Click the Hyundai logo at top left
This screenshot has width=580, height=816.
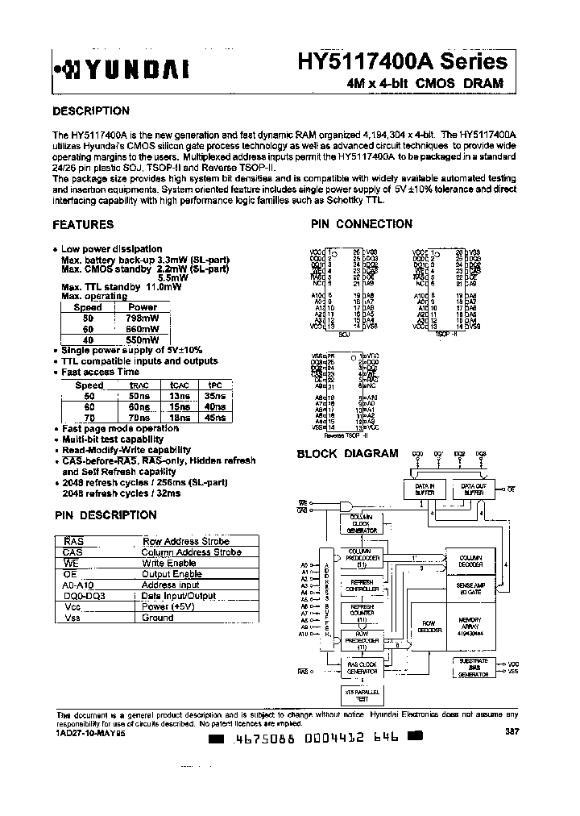point(121,71)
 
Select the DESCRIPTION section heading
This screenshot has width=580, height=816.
point(90,111)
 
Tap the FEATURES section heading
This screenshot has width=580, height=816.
point(83,225)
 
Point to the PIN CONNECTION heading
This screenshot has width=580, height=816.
point(362,225)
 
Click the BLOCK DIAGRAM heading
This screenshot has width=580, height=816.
point(347,454)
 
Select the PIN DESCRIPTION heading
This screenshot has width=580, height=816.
point(105,515)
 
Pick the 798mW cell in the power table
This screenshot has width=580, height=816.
point(143,318)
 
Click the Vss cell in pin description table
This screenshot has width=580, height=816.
point(72,618)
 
